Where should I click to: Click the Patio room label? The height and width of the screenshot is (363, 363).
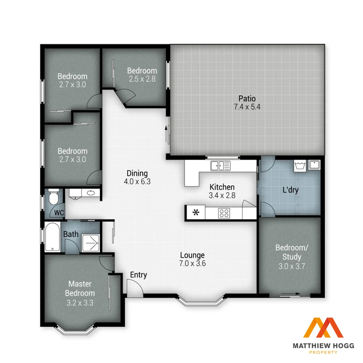pyautogui.click(x=247, y=99)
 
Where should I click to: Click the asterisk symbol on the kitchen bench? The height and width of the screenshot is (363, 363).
pyautogui.click(x=195, y=212)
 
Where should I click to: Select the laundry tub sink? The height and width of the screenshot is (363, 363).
pyautogui.click(x=314, y=165)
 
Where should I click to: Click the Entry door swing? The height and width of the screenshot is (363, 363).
pyautogui.click(x=134, y=287)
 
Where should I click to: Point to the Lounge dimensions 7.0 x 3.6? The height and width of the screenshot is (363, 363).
pyautogui.click(x=192, y=264)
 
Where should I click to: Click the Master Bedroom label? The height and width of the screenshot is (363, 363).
pyautogui.click(x=80, y=288)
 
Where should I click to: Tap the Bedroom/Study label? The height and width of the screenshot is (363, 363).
pyautogui.click(x=291, y=252)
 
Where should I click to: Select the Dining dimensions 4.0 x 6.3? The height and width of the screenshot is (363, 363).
pyautogui.click(x=137, y=182)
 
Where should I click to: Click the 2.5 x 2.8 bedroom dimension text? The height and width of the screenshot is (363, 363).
pyautogui.click(x=142, y=79)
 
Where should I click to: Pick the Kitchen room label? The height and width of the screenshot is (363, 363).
pyautogui.click(x=222, y=187)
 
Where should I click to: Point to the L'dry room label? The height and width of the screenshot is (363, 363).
pyautogui.click(x=290, y=190)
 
